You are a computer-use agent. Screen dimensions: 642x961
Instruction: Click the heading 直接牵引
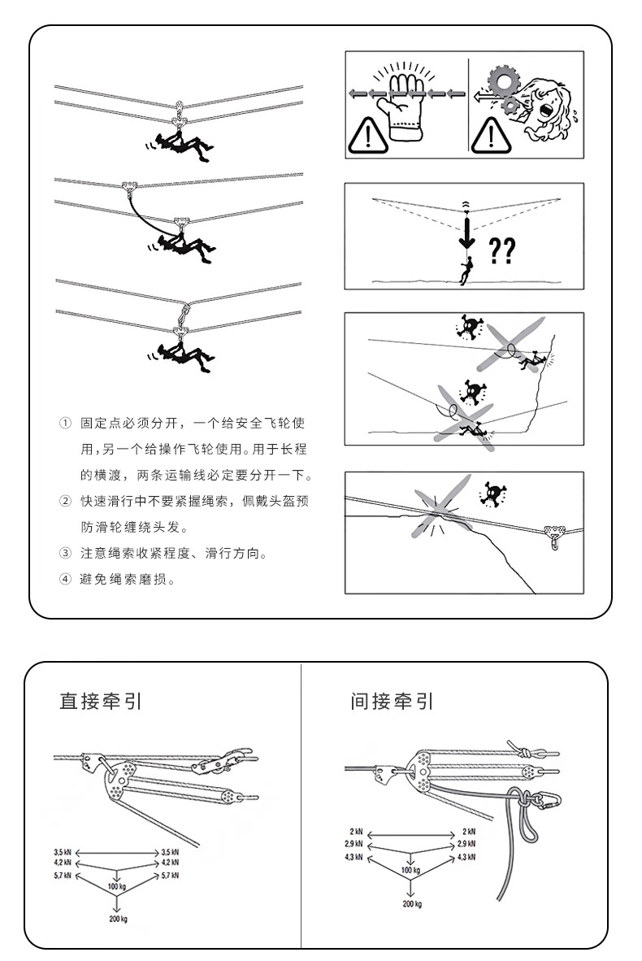[x=101, y=701]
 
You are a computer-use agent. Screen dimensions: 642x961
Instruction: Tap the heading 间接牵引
[x=392, y=701]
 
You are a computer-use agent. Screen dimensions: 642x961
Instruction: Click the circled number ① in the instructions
[x=65, y=424]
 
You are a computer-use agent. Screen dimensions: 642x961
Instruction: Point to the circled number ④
[x=65, y=579]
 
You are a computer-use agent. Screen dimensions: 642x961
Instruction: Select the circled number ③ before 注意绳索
[x=65, y=554]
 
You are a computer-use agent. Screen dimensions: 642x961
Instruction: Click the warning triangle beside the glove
[x=367, y=136]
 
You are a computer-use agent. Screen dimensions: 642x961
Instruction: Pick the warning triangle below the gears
[x=491, y=134]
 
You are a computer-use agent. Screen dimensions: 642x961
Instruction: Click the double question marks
[x=502, y=250]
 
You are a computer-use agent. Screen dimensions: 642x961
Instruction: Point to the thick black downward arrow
[x=466, y=232]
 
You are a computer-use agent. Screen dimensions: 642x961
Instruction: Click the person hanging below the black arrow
[x=466, y=270]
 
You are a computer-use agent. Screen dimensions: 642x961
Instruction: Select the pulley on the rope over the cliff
[x=556, y=533]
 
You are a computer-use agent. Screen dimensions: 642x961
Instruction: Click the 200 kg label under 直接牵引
[x=118, y=918]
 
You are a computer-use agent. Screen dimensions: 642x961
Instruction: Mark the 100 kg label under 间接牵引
[x=411, y=870]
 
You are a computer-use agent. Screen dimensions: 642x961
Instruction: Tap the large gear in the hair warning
[x=504, y=82]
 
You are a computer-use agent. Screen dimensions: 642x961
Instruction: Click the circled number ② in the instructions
[x=65, y=502]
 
